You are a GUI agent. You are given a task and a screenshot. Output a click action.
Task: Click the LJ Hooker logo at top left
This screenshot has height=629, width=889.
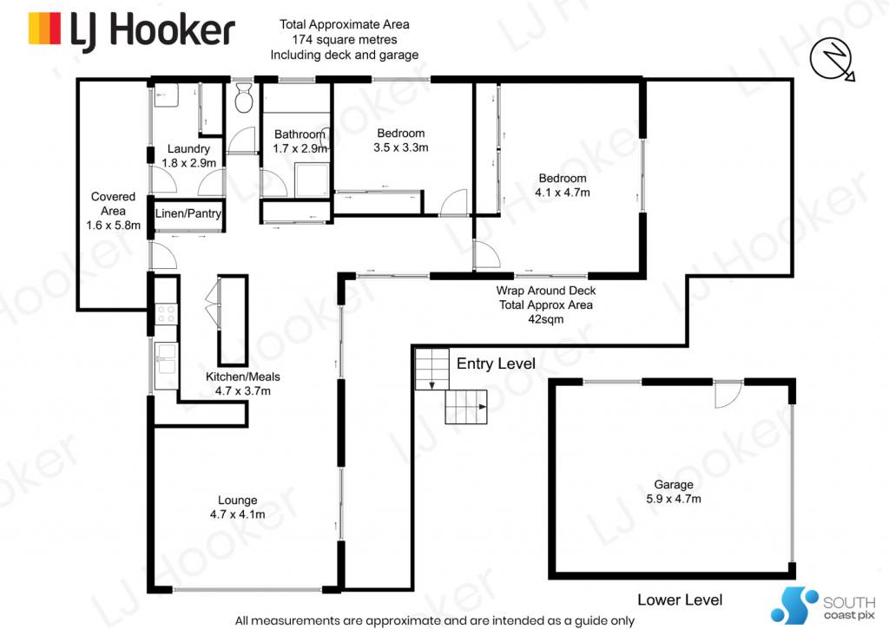coord(132,30)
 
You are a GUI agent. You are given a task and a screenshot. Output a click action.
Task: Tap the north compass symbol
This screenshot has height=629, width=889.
coord(832,60)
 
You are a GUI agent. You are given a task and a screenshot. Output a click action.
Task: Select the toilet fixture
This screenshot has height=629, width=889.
coord(243,97)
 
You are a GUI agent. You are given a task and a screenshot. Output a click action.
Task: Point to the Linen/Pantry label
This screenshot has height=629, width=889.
coord(188,213)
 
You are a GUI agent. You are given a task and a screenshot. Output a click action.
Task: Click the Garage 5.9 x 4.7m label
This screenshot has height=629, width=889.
coord(674,492)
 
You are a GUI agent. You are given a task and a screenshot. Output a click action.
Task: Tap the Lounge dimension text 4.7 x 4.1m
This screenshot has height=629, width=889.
coord(238,514)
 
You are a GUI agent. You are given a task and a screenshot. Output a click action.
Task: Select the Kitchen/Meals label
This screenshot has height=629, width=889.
coord(243,377)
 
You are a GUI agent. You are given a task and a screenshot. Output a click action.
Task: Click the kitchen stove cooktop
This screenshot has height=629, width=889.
coord(166,314)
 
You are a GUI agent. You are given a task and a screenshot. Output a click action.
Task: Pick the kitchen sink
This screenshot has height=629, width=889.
coord(166,359)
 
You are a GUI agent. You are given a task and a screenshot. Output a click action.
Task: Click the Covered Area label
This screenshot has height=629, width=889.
coord(114,211)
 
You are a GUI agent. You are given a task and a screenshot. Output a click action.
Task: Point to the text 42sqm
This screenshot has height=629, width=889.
coord(546,319)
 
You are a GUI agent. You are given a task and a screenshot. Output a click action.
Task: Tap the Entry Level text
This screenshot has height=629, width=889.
coord(496,364)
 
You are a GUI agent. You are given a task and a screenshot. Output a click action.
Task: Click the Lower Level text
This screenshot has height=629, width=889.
coord(680,600)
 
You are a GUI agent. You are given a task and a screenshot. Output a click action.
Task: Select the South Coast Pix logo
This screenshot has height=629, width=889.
coord(823,606)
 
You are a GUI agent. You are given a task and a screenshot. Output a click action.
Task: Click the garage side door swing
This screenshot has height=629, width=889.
coord(728,395)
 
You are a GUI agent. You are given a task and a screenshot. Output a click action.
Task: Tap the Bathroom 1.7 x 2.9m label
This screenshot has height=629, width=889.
coord(300,141)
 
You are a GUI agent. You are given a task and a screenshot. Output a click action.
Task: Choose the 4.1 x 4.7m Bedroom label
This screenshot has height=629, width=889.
coord(563,186)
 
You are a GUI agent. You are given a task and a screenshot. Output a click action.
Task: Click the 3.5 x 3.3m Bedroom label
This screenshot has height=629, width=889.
coord(401,141)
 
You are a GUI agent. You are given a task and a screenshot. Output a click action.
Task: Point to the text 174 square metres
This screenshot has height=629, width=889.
coord(345,40)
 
